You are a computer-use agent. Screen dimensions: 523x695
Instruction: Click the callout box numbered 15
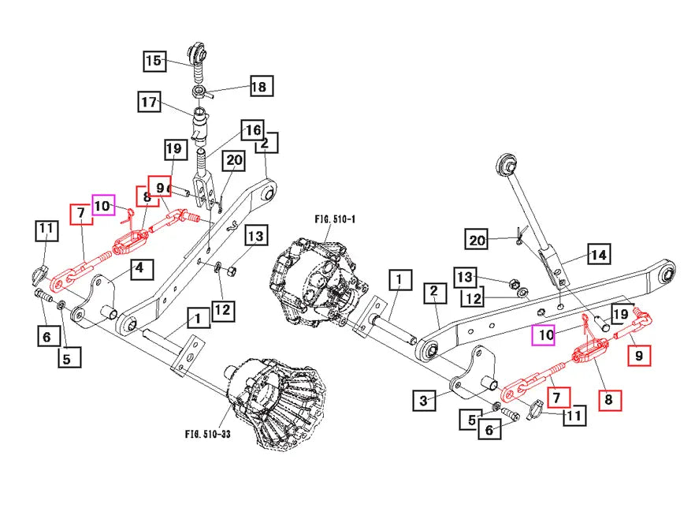point(154,60)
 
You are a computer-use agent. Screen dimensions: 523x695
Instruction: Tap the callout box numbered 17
point(151,103)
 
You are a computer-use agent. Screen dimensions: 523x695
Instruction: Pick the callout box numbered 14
point(599,255)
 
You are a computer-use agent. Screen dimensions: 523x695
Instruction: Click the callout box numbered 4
point(139,268)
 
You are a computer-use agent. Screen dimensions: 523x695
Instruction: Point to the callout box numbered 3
point(423,401)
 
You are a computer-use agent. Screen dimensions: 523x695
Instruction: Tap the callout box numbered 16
point(252,130)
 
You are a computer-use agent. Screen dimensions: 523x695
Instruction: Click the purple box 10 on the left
point(104,206)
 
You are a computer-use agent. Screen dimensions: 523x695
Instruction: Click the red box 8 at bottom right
point(608,400)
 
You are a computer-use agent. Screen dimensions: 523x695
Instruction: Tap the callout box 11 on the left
point(46,230)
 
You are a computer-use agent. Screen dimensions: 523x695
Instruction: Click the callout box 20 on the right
point(478,241)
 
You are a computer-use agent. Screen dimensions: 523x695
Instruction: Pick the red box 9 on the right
point(639,356)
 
